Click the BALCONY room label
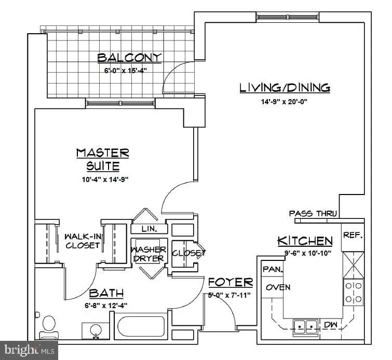coord(129,57)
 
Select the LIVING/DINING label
coord(285,88)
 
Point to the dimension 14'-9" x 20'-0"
coord(285,102)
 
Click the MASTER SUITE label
coord(102,159)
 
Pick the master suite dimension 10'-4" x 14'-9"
coord(102,179)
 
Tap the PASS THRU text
coord(313,213)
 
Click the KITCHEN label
coord(305,241)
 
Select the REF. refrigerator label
coord(353,235)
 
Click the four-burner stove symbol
coord(353,292)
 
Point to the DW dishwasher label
coord(331,324)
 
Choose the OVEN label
coord(278,287)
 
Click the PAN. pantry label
coord(272,269)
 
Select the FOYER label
coord(230,283)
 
